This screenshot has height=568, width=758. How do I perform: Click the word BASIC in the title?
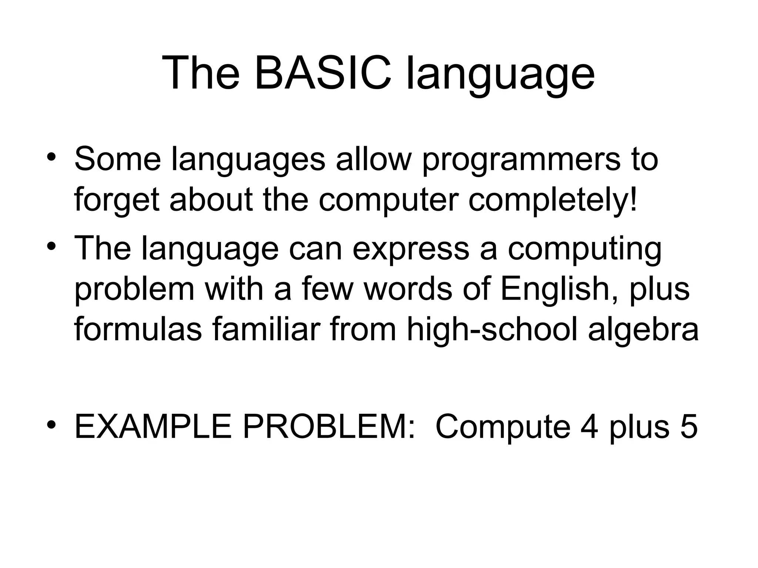(x=322, y=74)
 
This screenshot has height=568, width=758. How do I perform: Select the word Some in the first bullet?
(x=118, y=159)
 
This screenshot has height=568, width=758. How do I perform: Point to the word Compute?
(x=503, y=427)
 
